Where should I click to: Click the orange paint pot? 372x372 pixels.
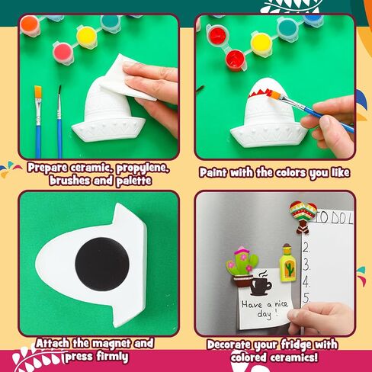click(x=30, y=26)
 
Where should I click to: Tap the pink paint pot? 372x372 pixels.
click(x=63, y=53)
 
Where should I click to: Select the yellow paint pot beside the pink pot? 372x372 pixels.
click(x=87, y=37)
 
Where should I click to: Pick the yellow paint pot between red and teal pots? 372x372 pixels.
click(x=261, y=44)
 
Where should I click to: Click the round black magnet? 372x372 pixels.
click(x=102, y=265)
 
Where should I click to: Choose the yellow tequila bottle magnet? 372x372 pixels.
click(x=288, y=263)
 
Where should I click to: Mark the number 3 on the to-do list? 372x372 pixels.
click(x=306, y=265)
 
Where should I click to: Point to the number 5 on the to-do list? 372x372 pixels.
click(x=307, y=297)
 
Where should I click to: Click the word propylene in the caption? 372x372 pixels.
click(x=143, y=168)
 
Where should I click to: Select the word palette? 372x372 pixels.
click(x=133, y=181)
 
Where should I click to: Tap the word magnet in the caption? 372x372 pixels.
click(x=112, y=344)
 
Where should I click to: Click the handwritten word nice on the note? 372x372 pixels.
click(x=281, y=303)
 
